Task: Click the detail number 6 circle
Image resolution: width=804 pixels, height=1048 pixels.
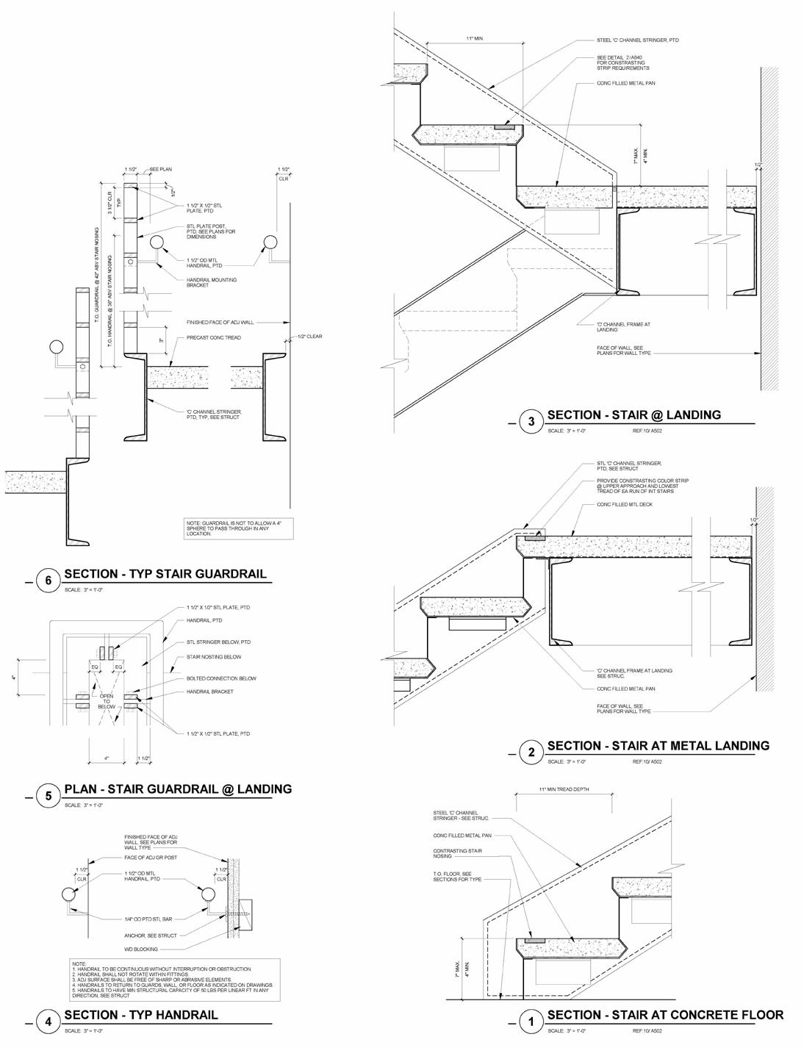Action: (x=49, y=581)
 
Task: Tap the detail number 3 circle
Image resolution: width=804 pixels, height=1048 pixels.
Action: (x=531, y=421)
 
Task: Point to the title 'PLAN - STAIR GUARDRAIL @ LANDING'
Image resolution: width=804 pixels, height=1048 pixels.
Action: (x=178, y=789)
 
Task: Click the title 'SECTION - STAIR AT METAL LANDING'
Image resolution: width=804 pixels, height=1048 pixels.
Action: (x=658, y=745)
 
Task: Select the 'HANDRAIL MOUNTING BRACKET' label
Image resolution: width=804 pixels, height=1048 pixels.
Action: (x=212, y=281)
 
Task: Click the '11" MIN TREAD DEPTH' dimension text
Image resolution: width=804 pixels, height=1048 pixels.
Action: (x=564, y=790)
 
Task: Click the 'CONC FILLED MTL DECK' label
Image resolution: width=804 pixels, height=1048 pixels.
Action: (x=624, y=505)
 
